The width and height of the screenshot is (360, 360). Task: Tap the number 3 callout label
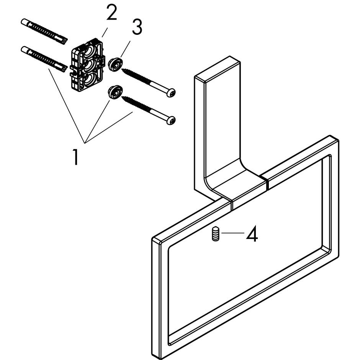[137, 27]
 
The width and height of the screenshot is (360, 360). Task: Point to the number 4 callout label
[252, 234]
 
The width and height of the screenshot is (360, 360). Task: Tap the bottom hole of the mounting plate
[90, 80]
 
